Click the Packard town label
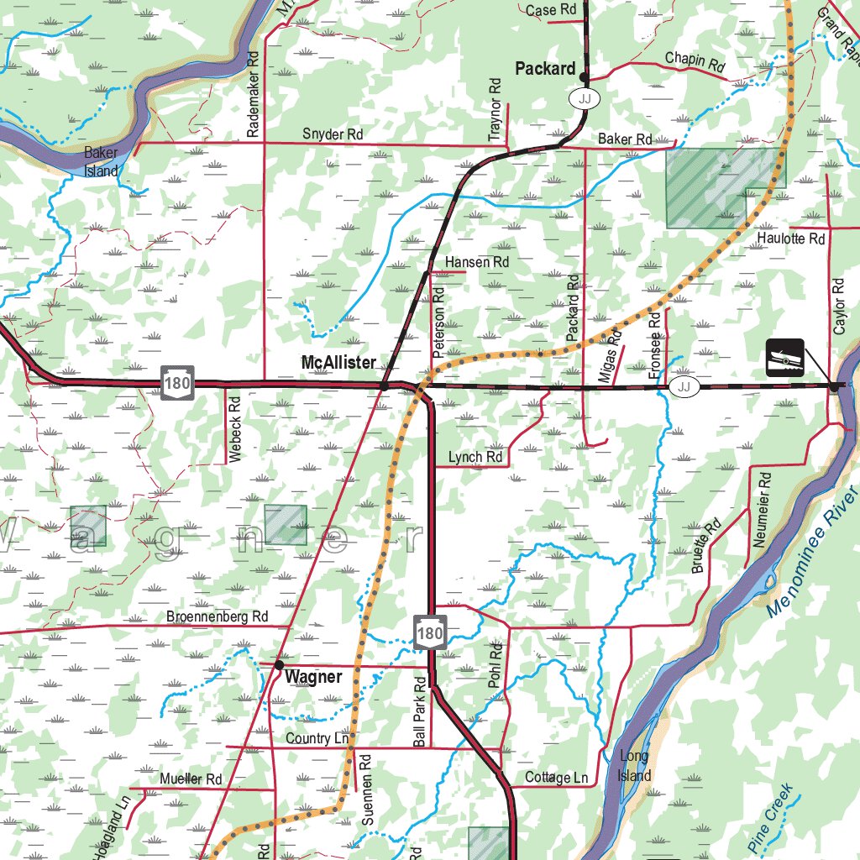[545, 69]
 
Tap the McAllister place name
[338, 363]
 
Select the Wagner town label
[313, 677]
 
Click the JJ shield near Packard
[585, 98]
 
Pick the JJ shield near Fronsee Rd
[685, 386]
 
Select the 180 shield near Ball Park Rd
[429, 632]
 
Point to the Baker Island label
[101, 162]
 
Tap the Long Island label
[634, 765]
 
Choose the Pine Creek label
[769, 814]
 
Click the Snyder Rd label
[333, 134]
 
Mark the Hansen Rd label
[477, 262]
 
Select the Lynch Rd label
[475, 457]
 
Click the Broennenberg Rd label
[217, 616]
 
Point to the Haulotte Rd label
[791, 239]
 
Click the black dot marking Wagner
[279, 664]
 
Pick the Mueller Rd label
[191, 779]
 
